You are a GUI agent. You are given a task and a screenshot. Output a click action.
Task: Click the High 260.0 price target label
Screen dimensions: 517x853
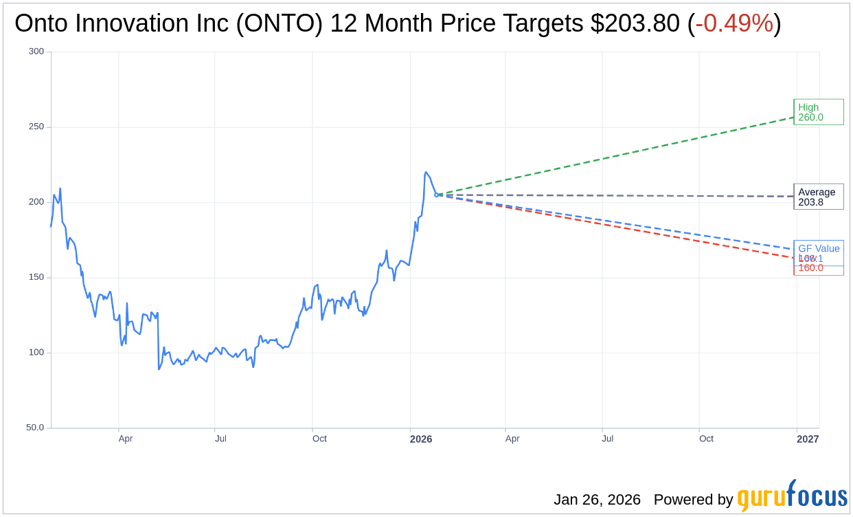point(818,112)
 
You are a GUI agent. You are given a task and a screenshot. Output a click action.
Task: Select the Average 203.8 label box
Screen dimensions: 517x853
point(818,197)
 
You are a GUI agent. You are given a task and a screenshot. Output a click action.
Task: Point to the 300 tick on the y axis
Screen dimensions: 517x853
point(36,52)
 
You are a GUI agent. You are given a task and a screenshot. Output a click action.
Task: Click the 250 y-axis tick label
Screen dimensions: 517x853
point(36,126)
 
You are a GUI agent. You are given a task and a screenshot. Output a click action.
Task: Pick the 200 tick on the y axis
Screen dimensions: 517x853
point(36,202)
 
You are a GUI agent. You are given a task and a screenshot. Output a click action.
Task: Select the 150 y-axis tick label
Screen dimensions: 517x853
point(36,277)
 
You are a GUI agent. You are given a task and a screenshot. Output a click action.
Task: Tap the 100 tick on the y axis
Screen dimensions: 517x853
point(36,353)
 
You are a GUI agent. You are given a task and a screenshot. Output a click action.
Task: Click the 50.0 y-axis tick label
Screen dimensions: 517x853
point(34,428)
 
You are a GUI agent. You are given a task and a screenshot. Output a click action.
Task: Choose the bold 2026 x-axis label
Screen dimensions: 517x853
point(421,439)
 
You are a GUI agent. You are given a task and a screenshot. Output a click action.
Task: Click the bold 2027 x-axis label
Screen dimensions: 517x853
point(808,439)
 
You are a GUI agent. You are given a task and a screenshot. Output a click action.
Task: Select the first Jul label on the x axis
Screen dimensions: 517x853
point(220,439)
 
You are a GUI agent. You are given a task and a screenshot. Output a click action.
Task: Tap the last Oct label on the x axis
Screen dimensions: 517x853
point(706,439)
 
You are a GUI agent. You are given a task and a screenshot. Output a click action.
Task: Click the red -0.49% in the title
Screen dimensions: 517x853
point(733,23)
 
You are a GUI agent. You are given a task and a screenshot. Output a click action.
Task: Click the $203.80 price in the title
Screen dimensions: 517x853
point(635,23)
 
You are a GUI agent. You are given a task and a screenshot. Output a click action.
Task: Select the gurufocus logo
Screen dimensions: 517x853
point(792,496)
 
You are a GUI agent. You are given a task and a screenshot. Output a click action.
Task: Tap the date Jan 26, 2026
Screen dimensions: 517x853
point(597,500)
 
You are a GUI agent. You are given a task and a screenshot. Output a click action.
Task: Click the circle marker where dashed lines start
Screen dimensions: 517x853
point(436,195)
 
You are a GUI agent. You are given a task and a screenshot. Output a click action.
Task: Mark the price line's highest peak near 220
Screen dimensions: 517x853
point(426,173)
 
